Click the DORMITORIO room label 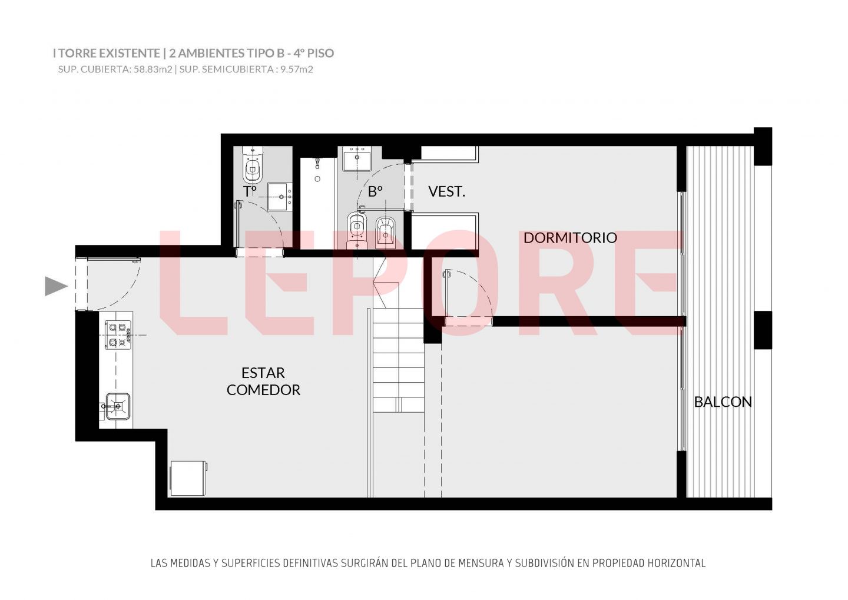coord(570,238)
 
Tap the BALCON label coord(723,402)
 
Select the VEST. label coord(447,191)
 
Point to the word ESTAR coord(263,373)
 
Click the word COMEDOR coord(263,390)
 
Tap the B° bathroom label coord(375,191)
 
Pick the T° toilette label coord(250,191)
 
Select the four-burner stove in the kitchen coord(118,335)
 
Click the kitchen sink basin coord(118,406)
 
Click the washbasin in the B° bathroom coord(357,158)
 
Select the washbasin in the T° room coord(280,197)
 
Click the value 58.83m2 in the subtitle coord(153,69)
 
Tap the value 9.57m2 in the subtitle coord(297,69)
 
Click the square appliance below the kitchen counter coord(189,479)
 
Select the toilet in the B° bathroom coord(357,230)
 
